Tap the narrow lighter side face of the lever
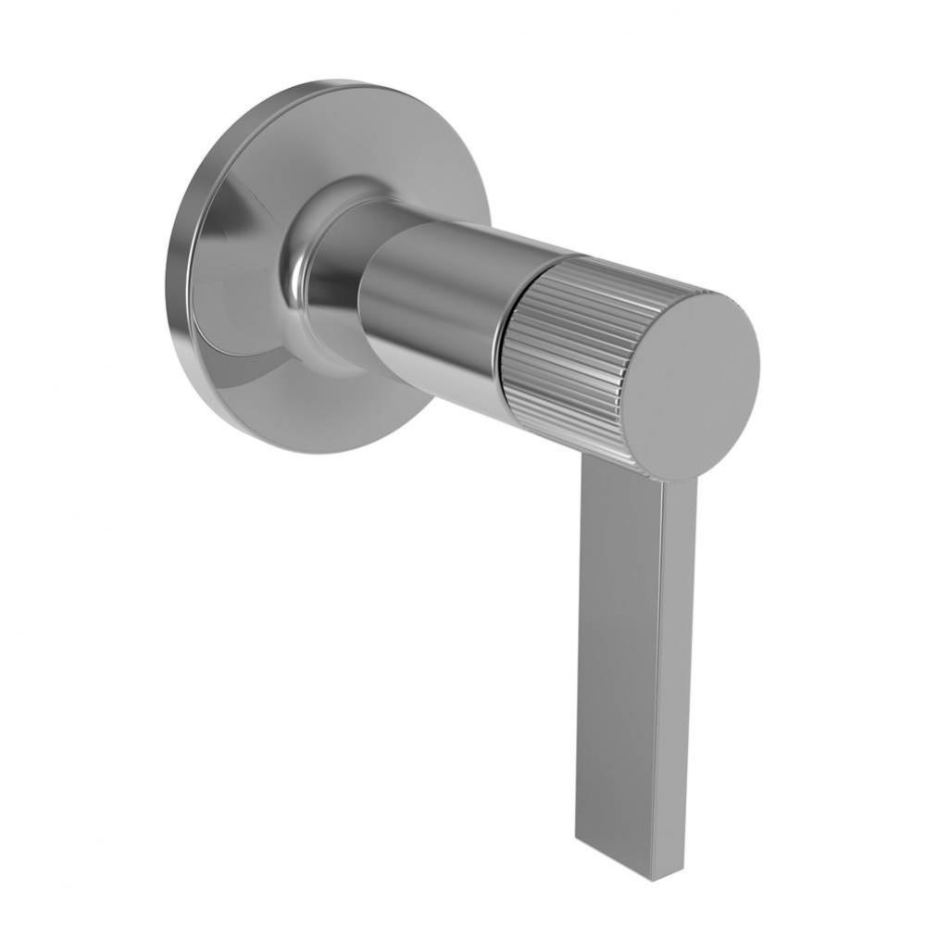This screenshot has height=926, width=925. click(678, 676)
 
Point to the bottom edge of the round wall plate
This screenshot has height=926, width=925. click(306, 452)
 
